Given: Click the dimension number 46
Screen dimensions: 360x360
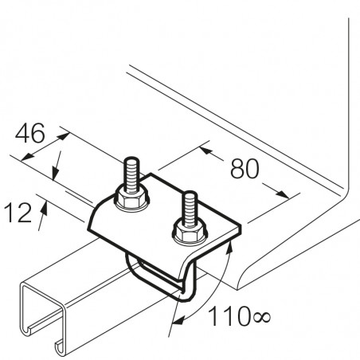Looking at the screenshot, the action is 29,133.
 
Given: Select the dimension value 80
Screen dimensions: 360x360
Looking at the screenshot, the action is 245,169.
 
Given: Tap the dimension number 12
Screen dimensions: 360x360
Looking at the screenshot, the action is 18,213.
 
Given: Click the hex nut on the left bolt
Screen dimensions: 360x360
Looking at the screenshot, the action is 131,199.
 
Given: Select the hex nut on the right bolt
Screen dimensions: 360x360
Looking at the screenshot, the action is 189,233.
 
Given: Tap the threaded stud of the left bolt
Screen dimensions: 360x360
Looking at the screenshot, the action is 131,174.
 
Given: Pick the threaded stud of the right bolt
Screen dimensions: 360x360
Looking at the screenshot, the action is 189,209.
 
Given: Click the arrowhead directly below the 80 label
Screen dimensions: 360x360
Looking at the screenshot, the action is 282,194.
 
